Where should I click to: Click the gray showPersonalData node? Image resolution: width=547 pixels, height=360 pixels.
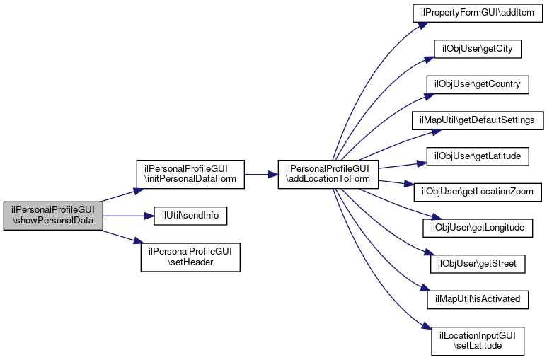point(53,216)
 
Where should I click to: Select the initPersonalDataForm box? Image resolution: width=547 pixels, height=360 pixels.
point(190,175)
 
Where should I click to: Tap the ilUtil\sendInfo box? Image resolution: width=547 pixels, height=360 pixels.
point(190,216)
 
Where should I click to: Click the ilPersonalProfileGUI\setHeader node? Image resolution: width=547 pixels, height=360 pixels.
point(190,257)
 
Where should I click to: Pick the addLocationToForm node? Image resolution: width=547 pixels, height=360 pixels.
point(328,175)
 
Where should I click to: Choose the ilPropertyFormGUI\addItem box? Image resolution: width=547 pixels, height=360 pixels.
point(478,13)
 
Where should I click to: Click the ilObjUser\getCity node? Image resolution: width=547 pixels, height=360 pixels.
point(478,49)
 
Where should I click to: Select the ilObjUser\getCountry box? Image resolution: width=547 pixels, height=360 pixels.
point(478,84)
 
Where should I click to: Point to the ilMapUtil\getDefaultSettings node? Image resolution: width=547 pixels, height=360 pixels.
point(478,121)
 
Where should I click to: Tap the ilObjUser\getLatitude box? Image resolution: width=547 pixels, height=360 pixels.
point(478,156)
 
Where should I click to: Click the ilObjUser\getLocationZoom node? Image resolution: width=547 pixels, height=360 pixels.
point(478,192)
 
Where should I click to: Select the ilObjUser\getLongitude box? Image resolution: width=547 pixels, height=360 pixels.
point(478,228)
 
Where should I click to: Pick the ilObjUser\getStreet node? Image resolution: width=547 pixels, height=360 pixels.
point(478,264)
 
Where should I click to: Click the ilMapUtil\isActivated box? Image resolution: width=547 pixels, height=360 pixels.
point(478,300)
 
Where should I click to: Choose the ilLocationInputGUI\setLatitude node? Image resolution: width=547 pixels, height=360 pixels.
point(478,341)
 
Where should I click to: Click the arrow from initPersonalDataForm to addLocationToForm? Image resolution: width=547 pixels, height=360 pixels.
point(261,175)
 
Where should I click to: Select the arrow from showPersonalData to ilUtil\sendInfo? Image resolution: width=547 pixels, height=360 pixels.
point(128,216)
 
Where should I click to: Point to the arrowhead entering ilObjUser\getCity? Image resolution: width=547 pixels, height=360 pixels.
point(429,59)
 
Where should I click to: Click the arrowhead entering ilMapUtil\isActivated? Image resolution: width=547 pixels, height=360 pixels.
point(425,288)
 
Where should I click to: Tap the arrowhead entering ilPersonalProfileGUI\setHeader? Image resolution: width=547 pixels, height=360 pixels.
point(138,240)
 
